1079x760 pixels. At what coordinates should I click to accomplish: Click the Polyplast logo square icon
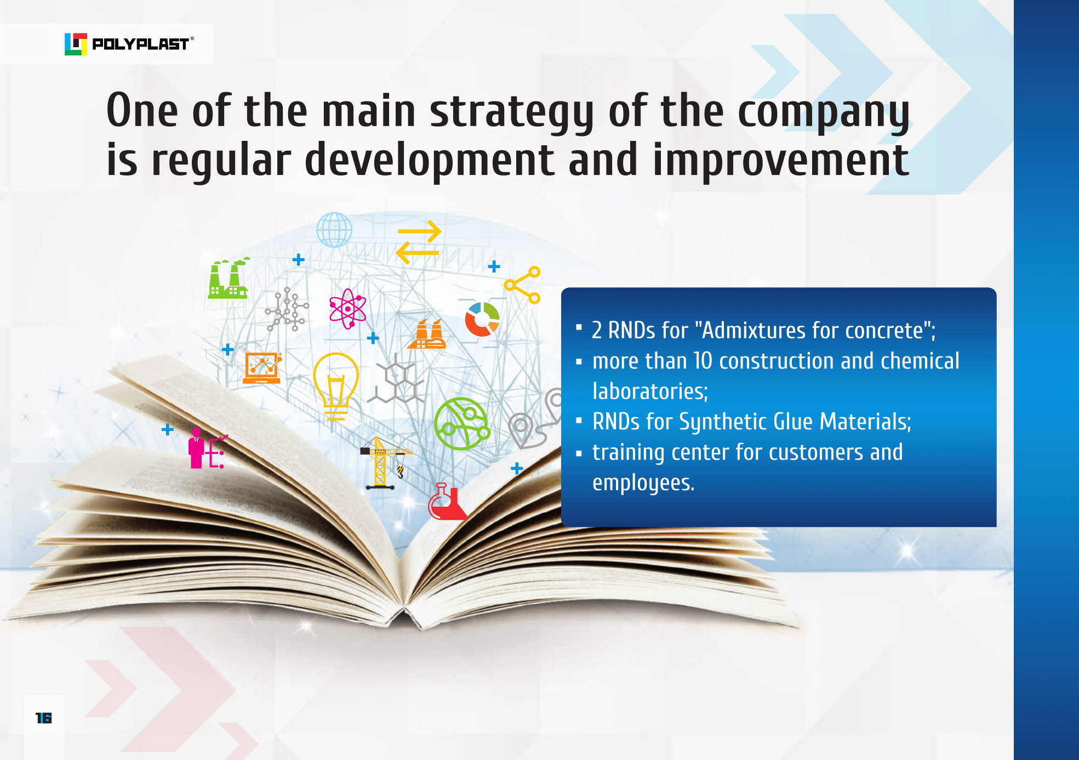pyautogui.click(x=76, y=44)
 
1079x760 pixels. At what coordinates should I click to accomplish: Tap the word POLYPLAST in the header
pyautogui.click(x=141, y=44)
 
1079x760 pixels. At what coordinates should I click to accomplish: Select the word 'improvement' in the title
pyautogui.click(x=780, y=161)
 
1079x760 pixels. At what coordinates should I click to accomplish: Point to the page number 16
pyautogui.click(x=43, y=718)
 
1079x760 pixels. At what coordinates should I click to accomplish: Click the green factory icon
pyautogui.click(x=229, y=278)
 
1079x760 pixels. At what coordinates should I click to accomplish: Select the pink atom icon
pyautogui.click(x=347, y=309)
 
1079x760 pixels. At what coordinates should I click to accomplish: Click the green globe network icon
pyautogui.click(x=461, y=424)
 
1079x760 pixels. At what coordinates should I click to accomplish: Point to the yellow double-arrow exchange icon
pyautogui.click(x=419, y=242)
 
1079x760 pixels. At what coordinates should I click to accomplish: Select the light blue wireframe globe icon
pyautogui.click(x=334, y=230)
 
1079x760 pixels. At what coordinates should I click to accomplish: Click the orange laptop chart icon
pyautogui.click(x=262, y=368)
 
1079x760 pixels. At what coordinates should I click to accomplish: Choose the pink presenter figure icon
pyautogui.click(x=207, y=449)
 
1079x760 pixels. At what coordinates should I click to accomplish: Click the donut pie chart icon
pyautogui.click(x=482, y=319)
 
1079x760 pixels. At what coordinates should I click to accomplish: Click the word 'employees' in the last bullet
pyautogui.click(x=643, y=483)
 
